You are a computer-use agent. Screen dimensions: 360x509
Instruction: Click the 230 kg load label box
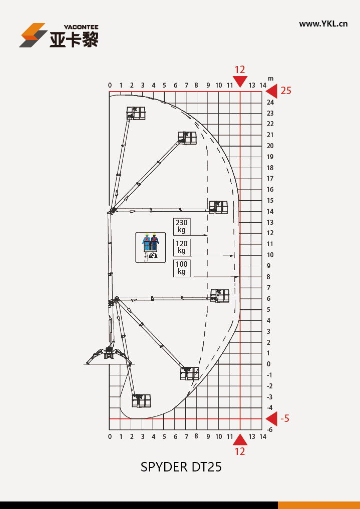(x=181, y=226)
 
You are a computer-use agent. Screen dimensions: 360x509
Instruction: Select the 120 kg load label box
(x=181, y=247)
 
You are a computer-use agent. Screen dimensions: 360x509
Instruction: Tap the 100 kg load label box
(x=181, y=268)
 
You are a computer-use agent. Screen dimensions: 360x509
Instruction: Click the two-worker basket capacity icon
(x=150, y=247)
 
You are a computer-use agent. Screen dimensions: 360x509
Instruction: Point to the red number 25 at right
(x=286, y=91)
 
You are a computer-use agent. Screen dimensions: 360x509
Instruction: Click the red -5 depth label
(x=285, y=418)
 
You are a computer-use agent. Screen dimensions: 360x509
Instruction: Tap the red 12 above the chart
(x=240, y=70)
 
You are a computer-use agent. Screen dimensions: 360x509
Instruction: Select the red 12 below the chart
(x=240, y=451)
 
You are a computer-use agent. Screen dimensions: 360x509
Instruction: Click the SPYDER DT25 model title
(x=181, y=467)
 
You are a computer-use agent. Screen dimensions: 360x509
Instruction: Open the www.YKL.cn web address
(x=323, y=24)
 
